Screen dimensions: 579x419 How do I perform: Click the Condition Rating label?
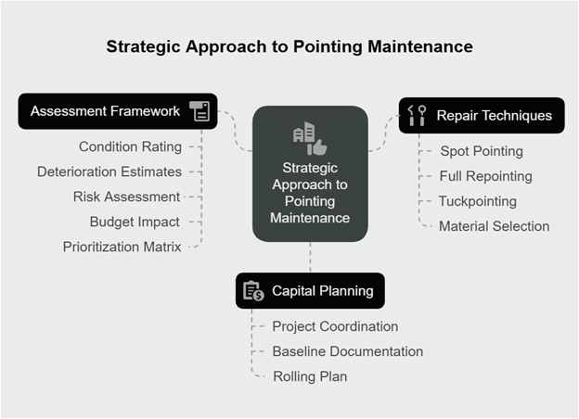coord(130,146)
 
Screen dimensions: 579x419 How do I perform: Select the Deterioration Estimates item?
coord(109,171)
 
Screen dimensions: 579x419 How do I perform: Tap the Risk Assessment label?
coord(126,197)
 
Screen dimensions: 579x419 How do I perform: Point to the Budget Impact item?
coord(135,222)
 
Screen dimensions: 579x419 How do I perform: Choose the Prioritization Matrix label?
coord(122,247)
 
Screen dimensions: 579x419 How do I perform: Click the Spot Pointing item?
coord(482,151)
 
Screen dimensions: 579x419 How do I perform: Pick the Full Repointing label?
coord(485,176)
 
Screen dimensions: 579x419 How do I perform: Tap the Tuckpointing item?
coord(478,201)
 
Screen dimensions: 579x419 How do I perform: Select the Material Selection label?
coord(494,226)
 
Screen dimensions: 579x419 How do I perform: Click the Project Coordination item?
coord(335,326)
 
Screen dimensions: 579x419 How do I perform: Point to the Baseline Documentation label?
coord(348,351)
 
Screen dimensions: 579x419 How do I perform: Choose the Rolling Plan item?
coord(310,376)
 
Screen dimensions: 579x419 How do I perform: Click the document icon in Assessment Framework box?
coord(199,111)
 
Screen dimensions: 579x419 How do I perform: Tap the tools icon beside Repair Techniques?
coord(417,116)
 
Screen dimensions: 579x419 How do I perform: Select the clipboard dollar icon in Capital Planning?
coord(253,291)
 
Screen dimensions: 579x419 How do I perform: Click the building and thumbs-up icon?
coord(310,138)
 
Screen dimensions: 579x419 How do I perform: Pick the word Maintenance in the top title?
coord(420,47)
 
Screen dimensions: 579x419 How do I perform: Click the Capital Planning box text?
coord(323,291)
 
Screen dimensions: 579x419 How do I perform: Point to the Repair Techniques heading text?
coord(494,116)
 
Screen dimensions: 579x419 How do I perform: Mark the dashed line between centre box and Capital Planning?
coord(310,258)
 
